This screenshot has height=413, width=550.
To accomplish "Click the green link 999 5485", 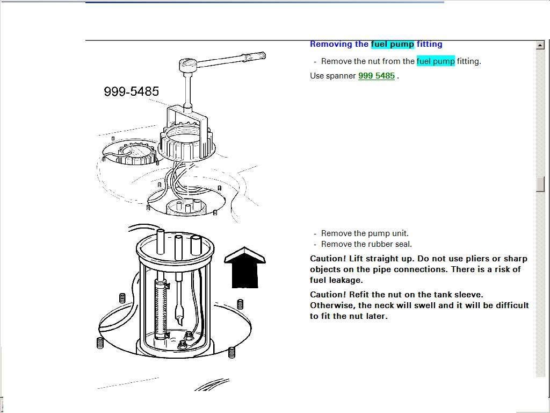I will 376,76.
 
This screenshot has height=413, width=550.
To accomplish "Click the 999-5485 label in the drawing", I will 131,92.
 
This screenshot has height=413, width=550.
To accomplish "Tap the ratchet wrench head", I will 188,65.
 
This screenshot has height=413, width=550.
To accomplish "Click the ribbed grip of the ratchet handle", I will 254,56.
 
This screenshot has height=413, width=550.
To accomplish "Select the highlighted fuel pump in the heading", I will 392,44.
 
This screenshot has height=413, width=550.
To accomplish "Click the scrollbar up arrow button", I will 540,45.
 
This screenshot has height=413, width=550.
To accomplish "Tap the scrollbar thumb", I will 540,184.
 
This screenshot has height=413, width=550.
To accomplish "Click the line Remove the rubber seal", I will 366,244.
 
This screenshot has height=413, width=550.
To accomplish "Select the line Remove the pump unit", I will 365,233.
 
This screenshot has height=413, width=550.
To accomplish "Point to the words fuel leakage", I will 336,280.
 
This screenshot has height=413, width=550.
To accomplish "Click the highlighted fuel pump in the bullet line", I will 435,61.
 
